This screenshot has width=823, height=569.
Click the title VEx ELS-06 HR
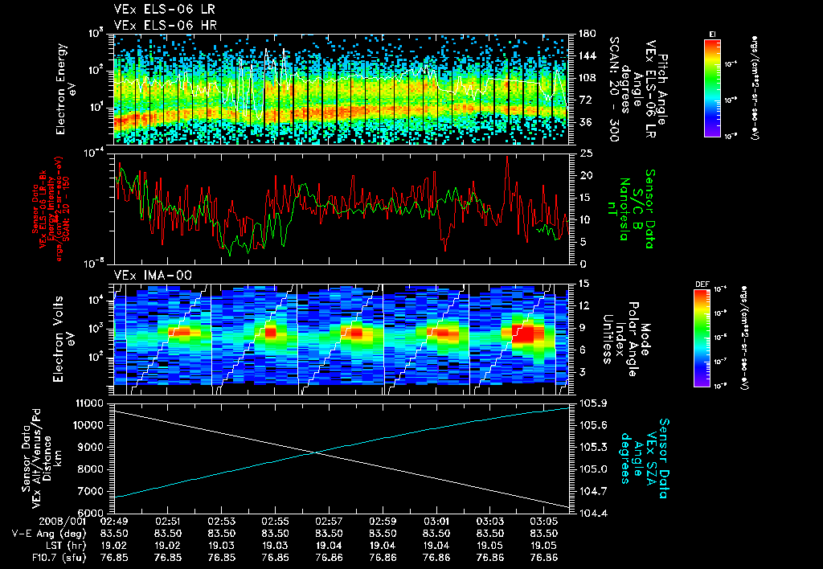click(157, 25)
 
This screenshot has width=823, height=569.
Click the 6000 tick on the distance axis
click(93, 512)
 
